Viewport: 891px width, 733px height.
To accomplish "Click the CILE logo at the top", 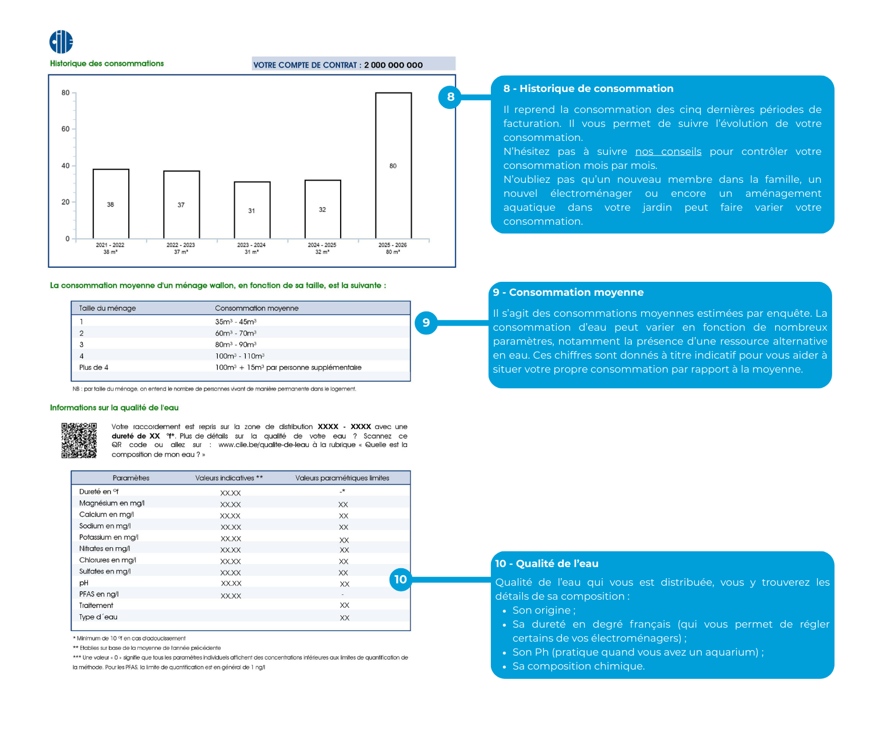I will (x=61, y=42).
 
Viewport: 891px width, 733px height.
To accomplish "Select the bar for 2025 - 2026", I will (x=393, y=165).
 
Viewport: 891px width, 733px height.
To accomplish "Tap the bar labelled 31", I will (x=252, y=210).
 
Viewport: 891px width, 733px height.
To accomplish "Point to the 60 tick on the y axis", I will (x=66, y=129).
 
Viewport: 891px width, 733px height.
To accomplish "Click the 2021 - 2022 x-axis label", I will (x=110, y=245).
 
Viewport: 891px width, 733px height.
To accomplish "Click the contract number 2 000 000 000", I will (x=393, y=65).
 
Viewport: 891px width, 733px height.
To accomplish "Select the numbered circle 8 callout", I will (x=450, y=97).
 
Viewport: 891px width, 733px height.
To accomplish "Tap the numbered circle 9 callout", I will (x=426, y=323).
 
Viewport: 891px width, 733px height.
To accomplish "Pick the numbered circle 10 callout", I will (x=401, y=579).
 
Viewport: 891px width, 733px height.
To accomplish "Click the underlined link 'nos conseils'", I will (x=668, y=151).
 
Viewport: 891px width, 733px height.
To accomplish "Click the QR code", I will (x=79, y=440).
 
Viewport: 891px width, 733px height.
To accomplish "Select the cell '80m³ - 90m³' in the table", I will (x=235, y=345).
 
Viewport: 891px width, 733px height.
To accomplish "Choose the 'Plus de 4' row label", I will (x=94, y=367).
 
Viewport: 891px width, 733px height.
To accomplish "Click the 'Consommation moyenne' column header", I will (x=256, y=309).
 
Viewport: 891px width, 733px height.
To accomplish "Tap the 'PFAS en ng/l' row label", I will (x=99, y=594).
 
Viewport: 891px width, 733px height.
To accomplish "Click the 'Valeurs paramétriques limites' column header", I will (x=342, y=478).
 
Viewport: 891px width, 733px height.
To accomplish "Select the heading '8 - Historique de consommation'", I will (x=588, y=88).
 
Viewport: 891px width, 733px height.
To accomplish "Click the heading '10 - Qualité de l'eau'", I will (x=547, y=564).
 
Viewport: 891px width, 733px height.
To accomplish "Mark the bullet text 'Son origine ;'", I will (x=544, y=610).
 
